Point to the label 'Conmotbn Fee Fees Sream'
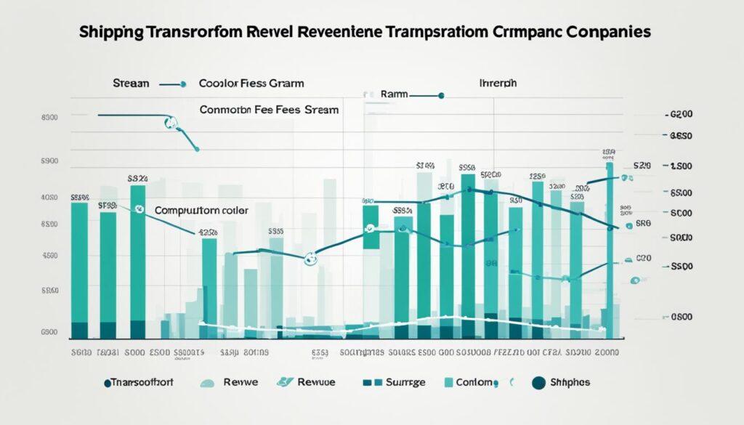point(269,110)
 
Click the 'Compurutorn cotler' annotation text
point(201,209)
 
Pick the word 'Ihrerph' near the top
point(498,84)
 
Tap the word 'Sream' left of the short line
point(131,84)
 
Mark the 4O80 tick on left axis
point(49,197)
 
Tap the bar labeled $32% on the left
point(137,254)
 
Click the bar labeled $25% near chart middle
point(209,283)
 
